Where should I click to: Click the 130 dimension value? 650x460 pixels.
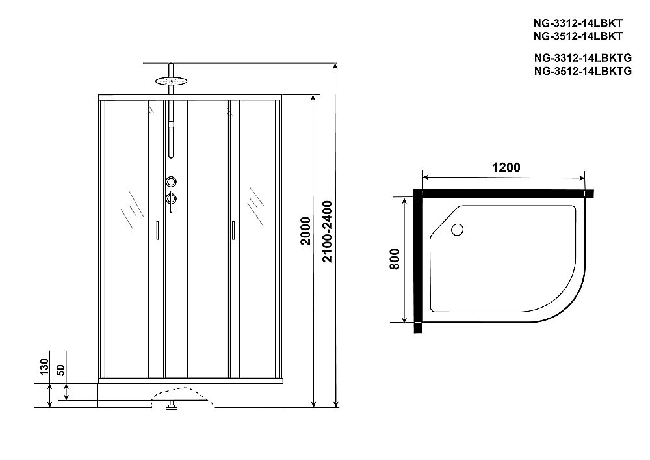(x=43, y=368)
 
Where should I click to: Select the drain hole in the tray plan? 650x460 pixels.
(x=457, y=229)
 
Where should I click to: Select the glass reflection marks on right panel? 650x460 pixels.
(x=255, y=205)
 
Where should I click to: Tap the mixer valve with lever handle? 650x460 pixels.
(x=171, y=200)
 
